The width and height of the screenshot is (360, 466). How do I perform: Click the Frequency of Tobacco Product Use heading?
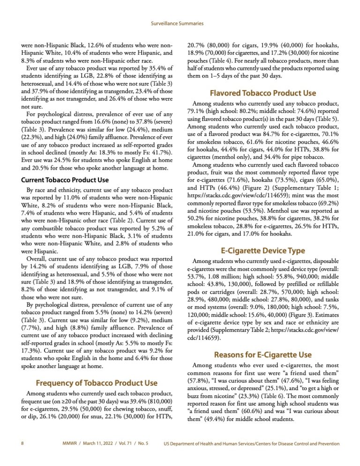click(97, 370)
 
